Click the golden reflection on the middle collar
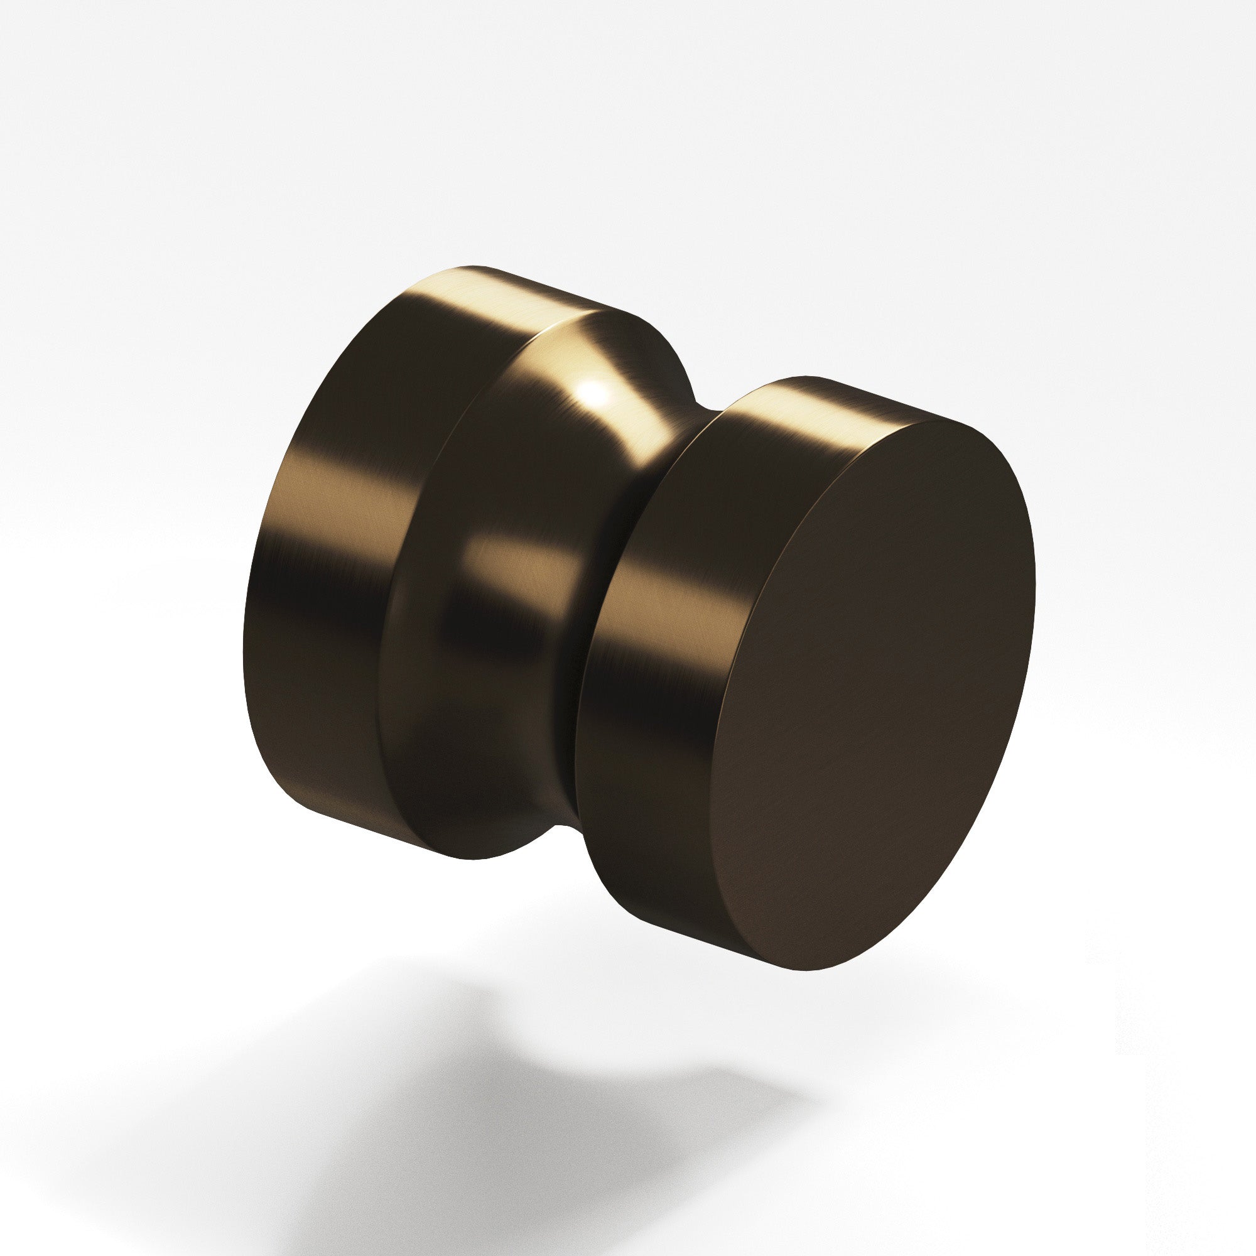(x=514, y=566)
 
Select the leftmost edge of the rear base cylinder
(x=244, y=650)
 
